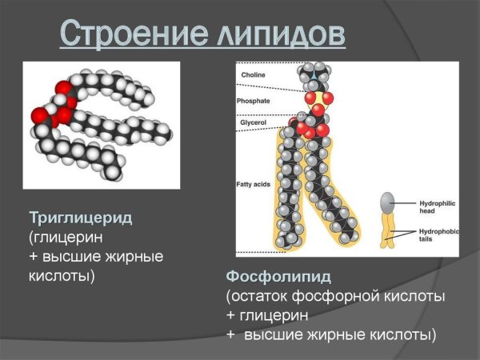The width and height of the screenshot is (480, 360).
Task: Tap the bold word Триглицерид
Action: pyautogui.click(x=81, y=218)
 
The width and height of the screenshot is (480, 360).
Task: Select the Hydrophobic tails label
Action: pyautogui.click(x=439, y=234)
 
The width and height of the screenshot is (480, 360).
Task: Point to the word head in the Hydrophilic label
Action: pyautogui.click(x=428, y=212)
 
